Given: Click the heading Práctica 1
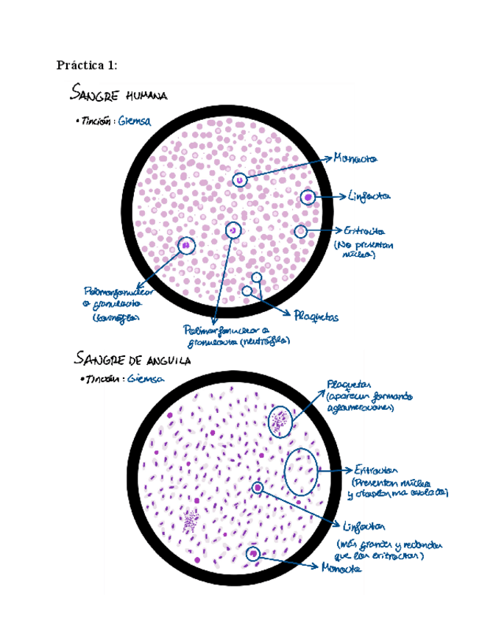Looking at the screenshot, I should [x=86, y=65].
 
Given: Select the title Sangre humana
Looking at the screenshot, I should [x=119, y=94].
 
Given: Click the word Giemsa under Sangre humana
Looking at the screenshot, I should [x=134, y=122].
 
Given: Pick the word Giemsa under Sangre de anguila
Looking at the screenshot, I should [x=145, y=379].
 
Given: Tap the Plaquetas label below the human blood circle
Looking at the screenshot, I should [x=316, y=317].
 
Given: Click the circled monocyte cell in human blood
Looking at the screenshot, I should [x=239, y=180].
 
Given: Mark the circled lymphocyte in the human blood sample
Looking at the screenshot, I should [x=308, y=197].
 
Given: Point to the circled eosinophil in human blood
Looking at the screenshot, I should [x=186, y=245].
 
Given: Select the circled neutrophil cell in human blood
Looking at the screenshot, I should [x=233, y=230].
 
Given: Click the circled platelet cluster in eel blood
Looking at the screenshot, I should [x=280, y=421].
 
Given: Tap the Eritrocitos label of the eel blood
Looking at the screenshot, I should [x=375, y=469].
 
